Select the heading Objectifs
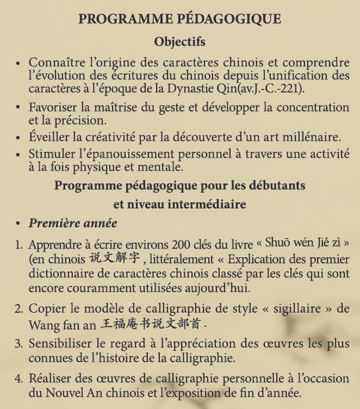[x=179, y=42]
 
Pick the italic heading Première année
[x=73, y=223]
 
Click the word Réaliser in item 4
[x=49, y=380]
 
